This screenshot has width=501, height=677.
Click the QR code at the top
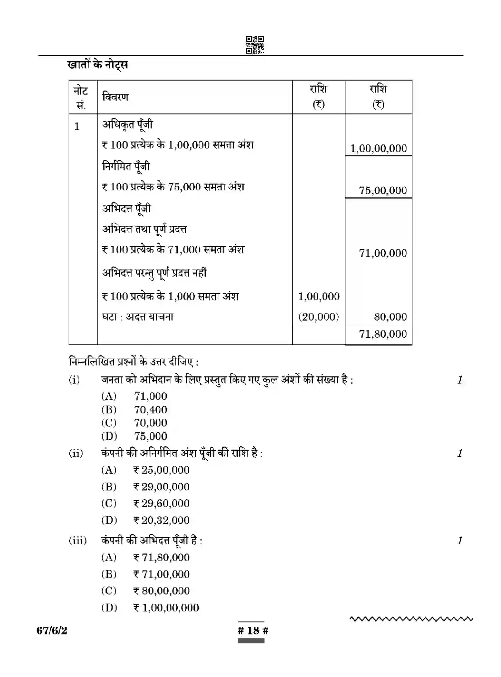[254, 45]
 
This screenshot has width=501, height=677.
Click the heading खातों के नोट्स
[98, 65]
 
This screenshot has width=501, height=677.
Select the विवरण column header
[115, 97]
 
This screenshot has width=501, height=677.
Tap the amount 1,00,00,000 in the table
[378, 148]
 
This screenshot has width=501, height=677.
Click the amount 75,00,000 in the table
[383, 190]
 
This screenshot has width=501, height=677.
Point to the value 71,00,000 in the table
[383, 253]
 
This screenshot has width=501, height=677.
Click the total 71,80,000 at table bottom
[383, 334]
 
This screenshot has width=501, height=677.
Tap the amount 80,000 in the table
[390, 317]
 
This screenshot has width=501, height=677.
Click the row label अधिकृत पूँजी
[127, 124]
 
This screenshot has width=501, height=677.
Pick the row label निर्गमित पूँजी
[126, 166]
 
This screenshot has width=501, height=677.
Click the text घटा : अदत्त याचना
[138, 317]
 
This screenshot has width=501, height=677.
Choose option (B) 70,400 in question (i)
[150, 409]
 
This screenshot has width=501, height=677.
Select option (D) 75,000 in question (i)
[150, 436]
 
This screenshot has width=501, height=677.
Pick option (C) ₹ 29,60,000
[161, 503]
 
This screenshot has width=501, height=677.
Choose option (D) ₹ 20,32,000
[161, 520]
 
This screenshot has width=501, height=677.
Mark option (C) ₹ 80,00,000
[161, 591]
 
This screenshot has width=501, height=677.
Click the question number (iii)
[78, 541]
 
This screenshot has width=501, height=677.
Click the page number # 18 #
[253, 630]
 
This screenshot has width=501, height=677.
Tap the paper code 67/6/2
[52, 630]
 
